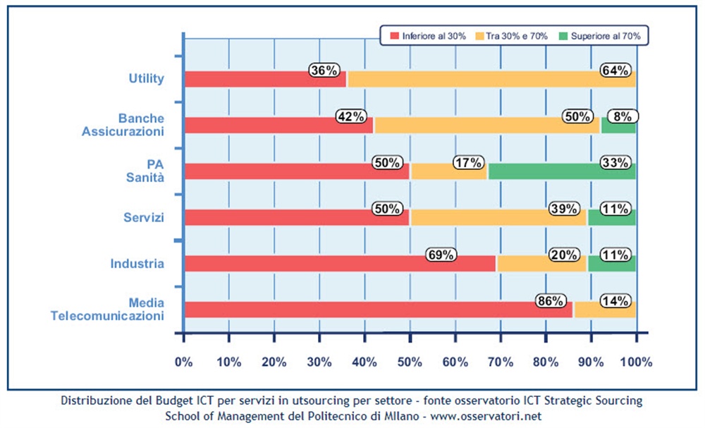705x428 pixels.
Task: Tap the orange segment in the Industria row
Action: (x=541, y=264)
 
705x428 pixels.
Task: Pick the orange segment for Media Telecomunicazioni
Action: (x=605, y=310)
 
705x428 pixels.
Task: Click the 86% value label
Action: (x=551, y=301)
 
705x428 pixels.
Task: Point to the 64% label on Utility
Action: (x=615, y=71)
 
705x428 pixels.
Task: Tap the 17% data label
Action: (x=469, y=163)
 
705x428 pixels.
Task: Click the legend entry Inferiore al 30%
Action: (x=429, y=35)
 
